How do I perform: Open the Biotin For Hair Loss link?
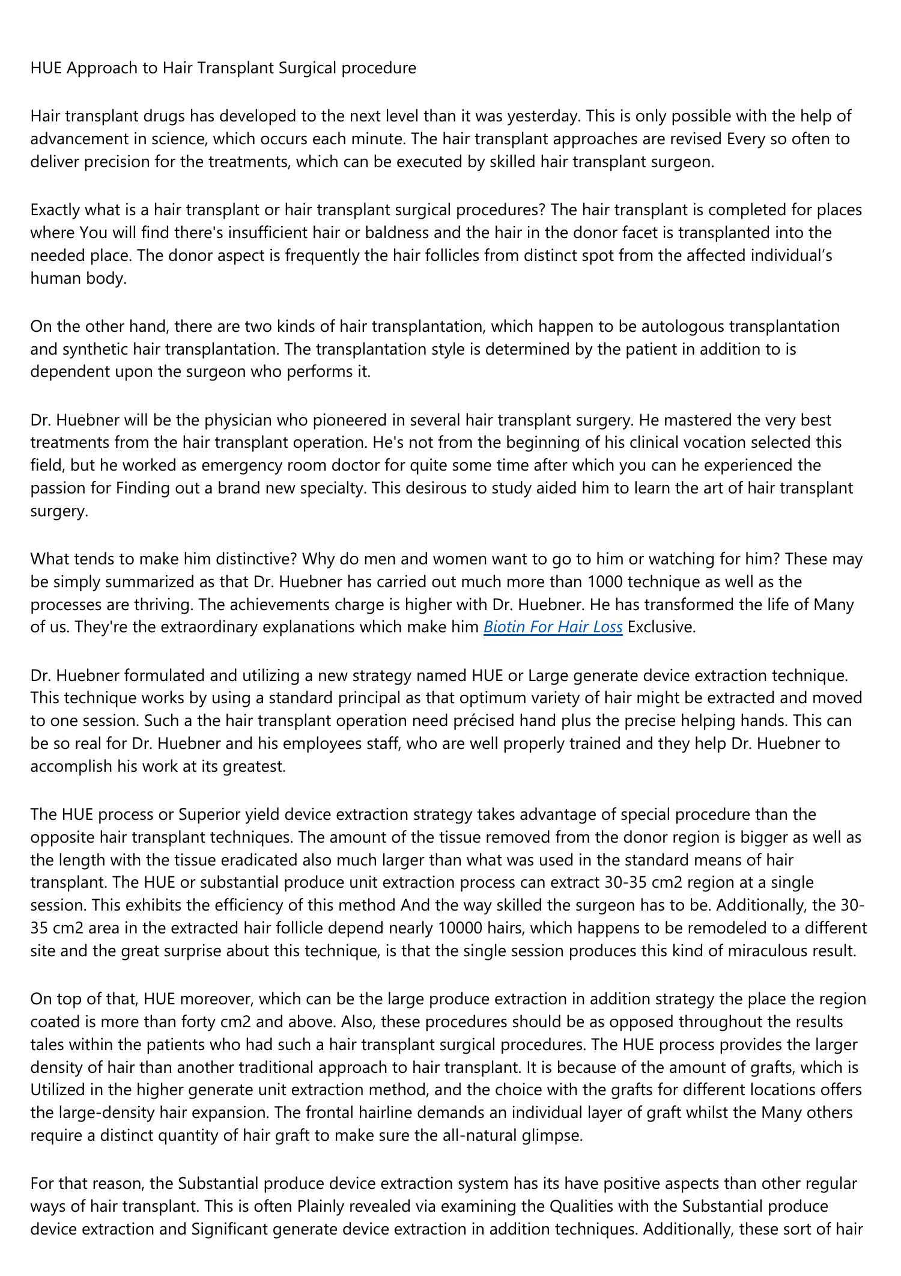coord(553,627)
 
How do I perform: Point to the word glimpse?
coord(555,1135)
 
